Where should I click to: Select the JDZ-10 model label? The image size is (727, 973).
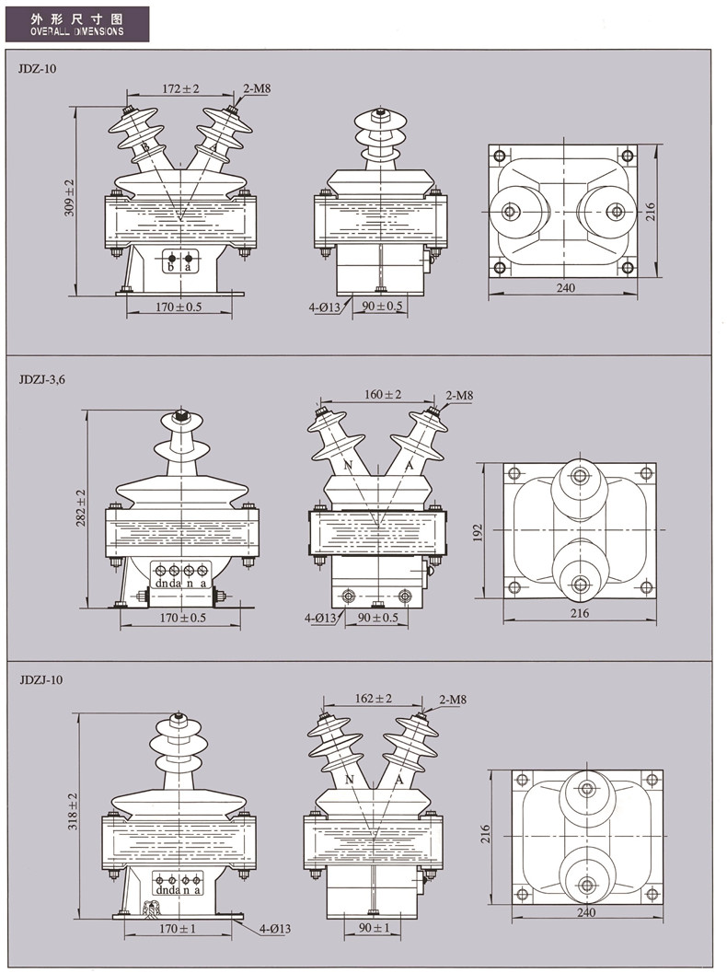pyautogui.click(x=36, y=68)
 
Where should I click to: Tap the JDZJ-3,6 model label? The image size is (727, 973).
pyautogui.click(x=42, y=377)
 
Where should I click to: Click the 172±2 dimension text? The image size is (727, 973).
pyautogui.click(x=180, y=88)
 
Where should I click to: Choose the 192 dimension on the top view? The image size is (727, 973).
pyautogui.click(x=479, y=532)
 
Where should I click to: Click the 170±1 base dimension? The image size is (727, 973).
pyautogui.click(x=179, y=929)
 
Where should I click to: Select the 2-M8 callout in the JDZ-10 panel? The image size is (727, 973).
pyautogui.click(x=256, y=89)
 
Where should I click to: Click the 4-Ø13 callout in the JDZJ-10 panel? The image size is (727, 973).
pyautogui.click(x=274, y=929)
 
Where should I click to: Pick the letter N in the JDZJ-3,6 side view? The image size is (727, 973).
pyautogui.click(x=349, y=466)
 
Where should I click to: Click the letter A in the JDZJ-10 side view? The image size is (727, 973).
pyautogui.click(x=399, y=780)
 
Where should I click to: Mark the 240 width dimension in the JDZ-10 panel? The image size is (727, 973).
pyautogui.click(x=565, y=288)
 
